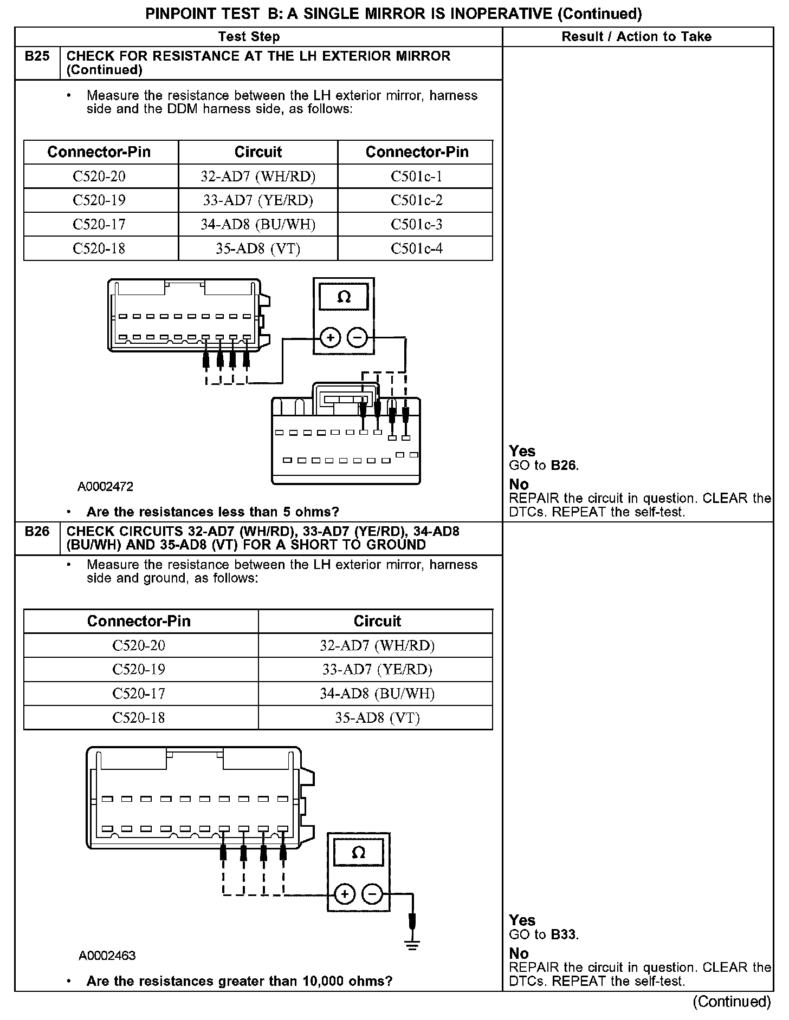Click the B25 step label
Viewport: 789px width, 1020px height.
(37, 56)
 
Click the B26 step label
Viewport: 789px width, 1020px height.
(37, 531)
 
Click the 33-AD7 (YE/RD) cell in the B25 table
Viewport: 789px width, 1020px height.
(258, 200)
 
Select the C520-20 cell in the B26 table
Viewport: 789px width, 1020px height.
(139, 645)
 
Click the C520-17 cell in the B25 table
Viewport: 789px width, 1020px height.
(99, 225)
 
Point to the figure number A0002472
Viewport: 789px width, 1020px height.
(105, 487)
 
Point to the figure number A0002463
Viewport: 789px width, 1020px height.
(107, 956)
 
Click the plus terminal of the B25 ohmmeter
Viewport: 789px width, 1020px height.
(330, 338)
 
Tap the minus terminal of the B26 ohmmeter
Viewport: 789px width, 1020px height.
(372, 894)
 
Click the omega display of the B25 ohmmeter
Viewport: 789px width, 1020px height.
(344, 297)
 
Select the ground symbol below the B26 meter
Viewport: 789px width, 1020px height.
(412, 946)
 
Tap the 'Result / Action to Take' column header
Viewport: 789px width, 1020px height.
(636, 37)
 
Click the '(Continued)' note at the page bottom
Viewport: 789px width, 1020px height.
(731, 1002)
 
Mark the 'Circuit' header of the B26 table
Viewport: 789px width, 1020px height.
(377, 621)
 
